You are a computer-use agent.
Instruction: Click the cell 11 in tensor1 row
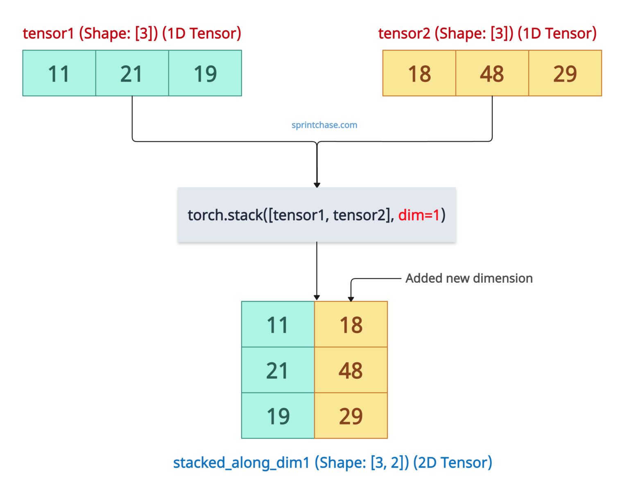pos(59,73)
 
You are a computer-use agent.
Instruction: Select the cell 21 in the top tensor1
pos(132,73)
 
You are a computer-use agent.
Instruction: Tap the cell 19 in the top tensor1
pos(205,73)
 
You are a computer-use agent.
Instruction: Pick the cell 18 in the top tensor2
pos(419,73)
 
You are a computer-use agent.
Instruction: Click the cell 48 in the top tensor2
pos(492,73)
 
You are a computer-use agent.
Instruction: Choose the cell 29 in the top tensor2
pos(565,73)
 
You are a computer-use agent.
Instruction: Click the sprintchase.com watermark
pos(324,125)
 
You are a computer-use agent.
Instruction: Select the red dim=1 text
pos(419,215)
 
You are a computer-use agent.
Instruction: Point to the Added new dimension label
pos(469,278)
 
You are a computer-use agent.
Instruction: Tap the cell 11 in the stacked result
pos(278,324)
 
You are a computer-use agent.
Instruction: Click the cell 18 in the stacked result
pos(351,324)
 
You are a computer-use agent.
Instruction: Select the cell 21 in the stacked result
pos(278,370)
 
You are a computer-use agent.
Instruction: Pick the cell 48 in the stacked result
pos(351,370)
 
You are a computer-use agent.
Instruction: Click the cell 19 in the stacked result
pos(278,416)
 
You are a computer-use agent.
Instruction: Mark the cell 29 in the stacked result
pos(351,416)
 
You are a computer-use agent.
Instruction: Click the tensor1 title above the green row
pos(132,33)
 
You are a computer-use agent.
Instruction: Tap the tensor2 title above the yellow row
pos(487,33)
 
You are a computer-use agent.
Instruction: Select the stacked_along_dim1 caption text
pos(332,463)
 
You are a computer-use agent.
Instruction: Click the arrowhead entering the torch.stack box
pos(317,185)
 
